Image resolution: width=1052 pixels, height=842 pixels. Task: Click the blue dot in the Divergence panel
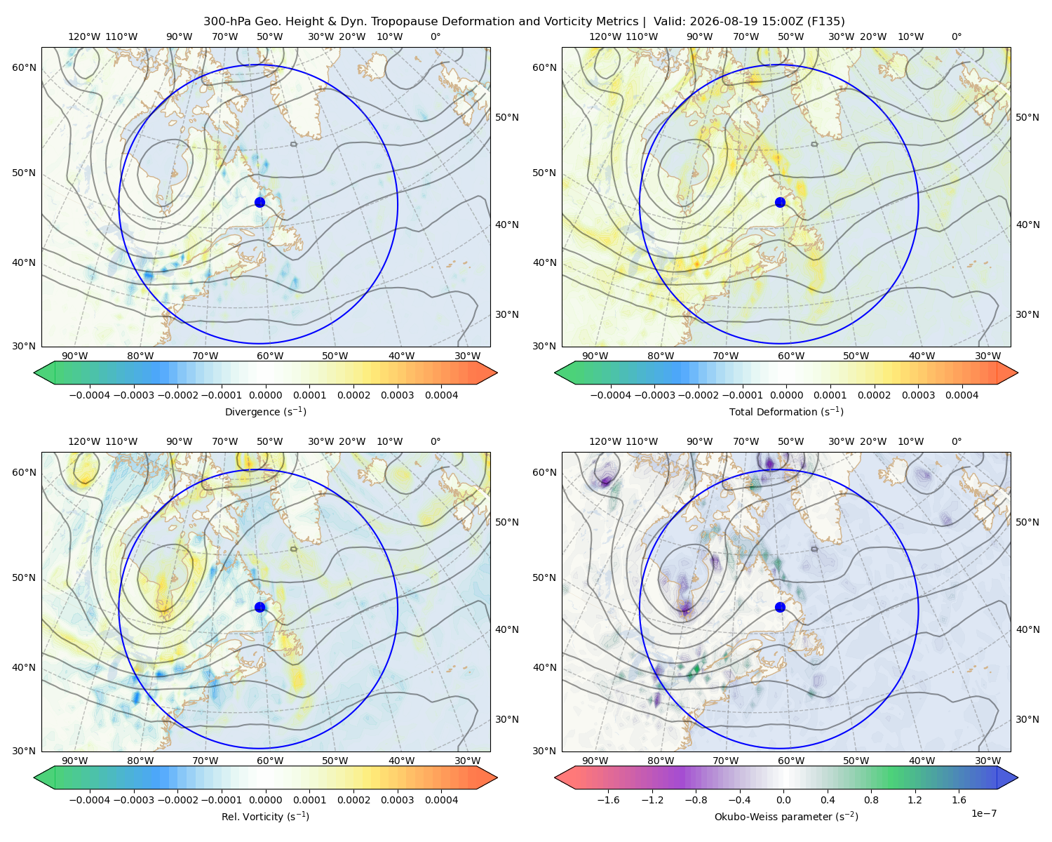coord(259,203)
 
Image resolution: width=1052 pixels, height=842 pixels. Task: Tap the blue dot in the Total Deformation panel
coord(780,203)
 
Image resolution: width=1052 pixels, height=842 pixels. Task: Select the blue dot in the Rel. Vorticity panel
coord(259,607)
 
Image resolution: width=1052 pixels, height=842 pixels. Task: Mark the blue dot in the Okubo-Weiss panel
coord(780,607)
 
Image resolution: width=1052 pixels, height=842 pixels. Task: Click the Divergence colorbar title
coord(265,412)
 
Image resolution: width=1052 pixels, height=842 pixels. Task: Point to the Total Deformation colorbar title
coord(786,412)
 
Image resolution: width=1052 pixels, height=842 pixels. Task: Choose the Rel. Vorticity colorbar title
coord(265,817)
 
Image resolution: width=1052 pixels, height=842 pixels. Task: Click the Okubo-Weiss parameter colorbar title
coord(786,817)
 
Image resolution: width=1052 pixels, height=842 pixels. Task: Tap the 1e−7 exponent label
coord(983,814)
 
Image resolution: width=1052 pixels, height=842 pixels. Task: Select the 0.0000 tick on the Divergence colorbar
coord(265,395)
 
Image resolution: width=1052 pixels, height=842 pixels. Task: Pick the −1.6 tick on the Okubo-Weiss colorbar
coord(608,800)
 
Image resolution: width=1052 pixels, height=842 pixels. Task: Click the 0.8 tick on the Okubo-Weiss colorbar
coord(871,800)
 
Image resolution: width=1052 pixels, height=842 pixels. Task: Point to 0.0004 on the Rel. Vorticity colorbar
coord(441,800)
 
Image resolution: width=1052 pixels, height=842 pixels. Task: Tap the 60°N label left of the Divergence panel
coord(24,67)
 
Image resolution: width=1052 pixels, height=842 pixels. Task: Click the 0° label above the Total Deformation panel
coord(956,36)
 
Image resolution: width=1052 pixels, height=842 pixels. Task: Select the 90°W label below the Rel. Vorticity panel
coord(75,761)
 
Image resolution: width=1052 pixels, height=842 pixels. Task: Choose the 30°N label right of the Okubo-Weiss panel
coord(1027,719)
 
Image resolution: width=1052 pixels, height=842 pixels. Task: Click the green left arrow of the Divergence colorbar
coord(45,373)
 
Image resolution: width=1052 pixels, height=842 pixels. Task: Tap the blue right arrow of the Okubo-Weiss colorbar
coord(1007,777)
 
